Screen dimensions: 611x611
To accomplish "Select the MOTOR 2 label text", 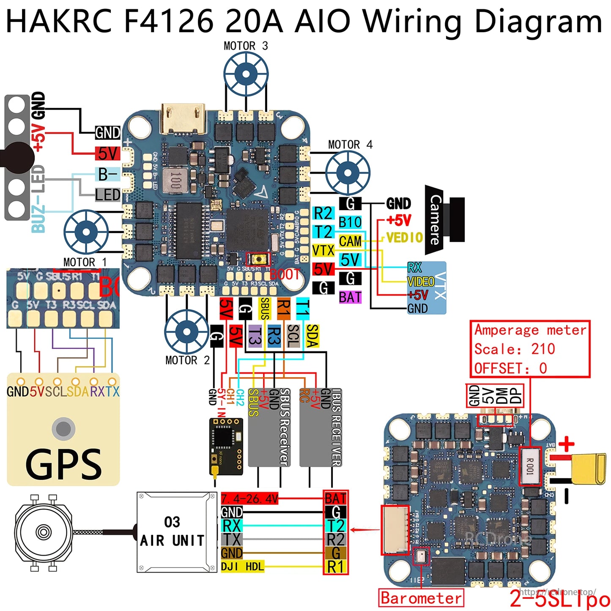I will [187, 360].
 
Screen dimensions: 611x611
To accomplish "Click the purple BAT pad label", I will [350, 297].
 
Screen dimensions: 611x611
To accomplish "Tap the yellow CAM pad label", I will [350, 241].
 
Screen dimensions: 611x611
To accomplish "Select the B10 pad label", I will [350, 222].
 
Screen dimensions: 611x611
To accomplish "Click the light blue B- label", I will [108, 174].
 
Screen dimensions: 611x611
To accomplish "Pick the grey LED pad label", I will [108, 195].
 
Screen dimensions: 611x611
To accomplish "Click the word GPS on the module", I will [63, 464].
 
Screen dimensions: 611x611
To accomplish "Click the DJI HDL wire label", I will [242, 566].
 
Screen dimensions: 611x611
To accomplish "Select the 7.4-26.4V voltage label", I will [249, 499].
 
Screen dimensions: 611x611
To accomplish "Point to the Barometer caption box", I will [421, 598].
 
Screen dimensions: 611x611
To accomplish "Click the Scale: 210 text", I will [514, 349].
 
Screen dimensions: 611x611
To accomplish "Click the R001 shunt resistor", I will [530, 466].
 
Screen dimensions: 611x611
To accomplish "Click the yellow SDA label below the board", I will [312, 336].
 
